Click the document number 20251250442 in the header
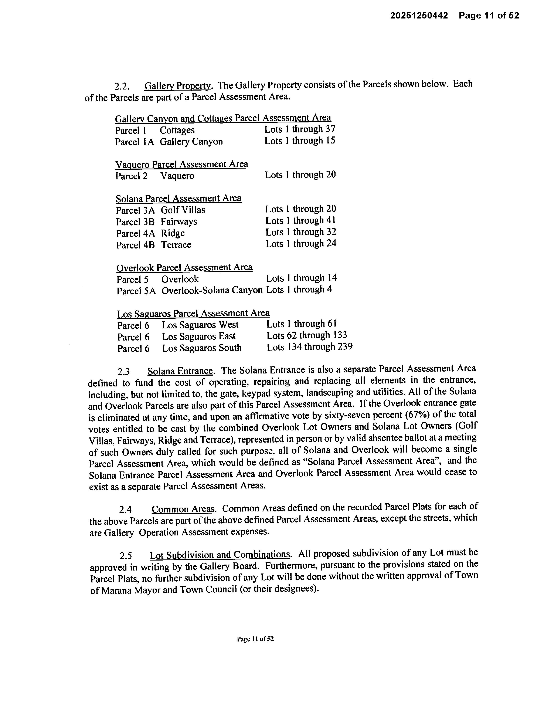(419, 16)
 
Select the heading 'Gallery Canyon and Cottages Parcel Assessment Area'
(223, 118)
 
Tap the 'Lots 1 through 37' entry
(300, 129)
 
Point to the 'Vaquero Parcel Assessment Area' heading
(182, 164)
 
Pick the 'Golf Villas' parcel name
(183, 210)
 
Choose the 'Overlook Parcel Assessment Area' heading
(184, 268)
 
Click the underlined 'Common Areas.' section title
(184, 509)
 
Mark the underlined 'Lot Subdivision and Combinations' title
(220, 555)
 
